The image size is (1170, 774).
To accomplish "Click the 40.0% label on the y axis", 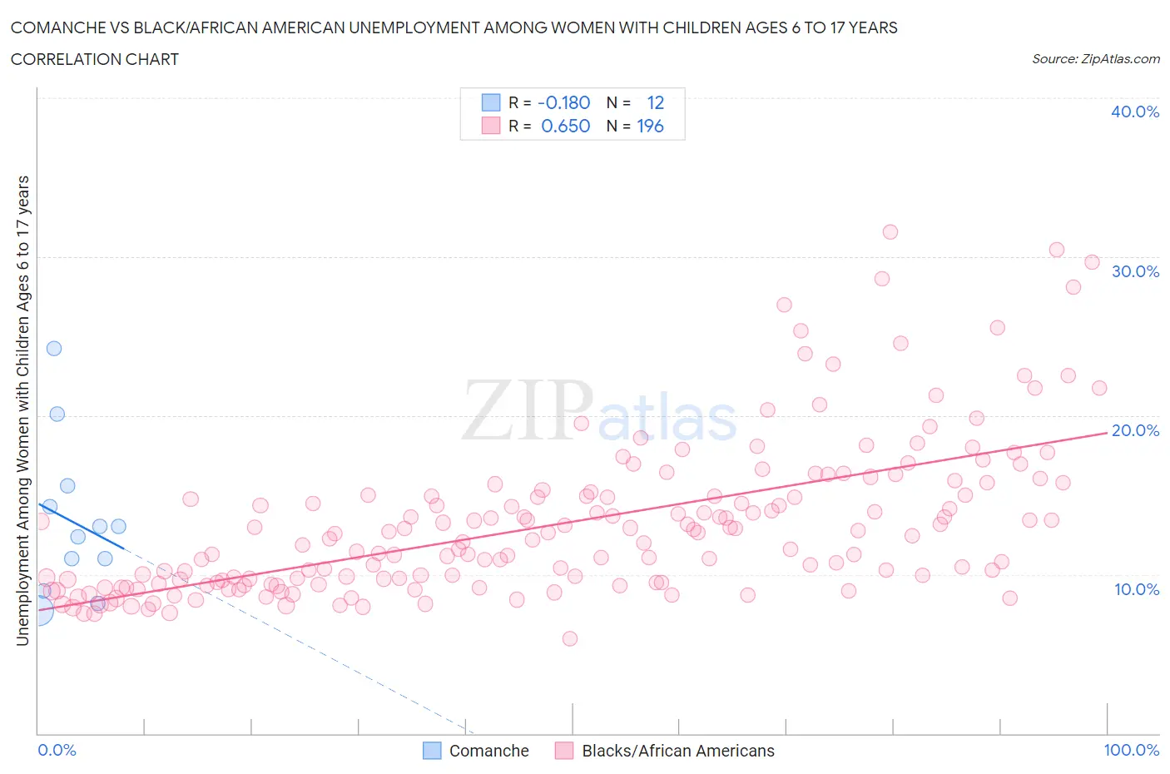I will [1134, 112].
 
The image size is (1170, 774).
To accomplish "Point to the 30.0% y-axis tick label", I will [1134, 271].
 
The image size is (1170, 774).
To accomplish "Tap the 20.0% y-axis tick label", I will [1134, 430].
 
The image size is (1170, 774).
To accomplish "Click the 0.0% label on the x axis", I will [57, 750].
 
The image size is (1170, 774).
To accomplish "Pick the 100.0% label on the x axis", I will [1131, 750].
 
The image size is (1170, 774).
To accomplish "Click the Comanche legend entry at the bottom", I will [488, 751].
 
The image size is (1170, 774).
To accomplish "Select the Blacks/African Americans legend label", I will [677, 751].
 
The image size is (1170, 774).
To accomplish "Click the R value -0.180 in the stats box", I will [563, 102].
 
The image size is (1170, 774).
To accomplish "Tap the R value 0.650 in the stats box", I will [565, 126].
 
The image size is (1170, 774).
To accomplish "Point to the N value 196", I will [650, 126].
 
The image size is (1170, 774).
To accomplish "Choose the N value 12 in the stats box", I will [656, 102].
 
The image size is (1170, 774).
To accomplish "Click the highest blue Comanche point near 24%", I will [54, 349].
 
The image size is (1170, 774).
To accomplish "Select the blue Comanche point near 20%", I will [57, 414].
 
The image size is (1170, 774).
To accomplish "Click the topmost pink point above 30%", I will [890, 232].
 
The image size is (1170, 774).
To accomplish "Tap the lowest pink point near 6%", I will [570, 638].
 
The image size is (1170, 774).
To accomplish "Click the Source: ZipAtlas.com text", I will [1095, 59].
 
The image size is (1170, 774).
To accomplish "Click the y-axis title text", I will [22, 410].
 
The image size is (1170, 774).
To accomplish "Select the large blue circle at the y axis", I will [39, 611].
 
